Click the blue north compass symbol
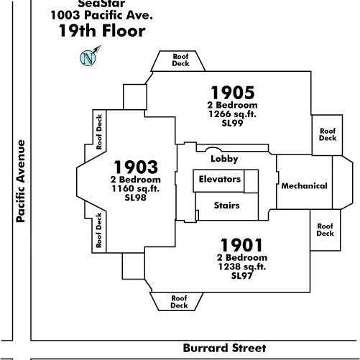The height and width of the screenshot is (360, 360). tap(88, 58)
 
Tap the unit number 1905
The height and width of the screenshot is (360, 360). tap(233, 93)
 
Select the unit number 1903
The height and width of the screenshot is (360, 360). tap(136, 167)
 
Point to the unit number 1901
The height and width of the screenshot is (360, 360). tap(241, 245)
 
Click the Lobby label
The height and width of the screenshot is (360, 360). tap(224, 159)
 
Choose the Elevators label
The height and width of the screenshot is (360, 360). tap(220, 179)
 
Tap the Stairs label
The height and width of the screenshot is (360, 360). tap(226, 206)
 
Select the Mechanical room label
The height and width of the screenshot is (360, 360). tap(304, 186)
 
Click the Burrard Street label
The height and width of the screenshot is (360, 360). tap(224, 348)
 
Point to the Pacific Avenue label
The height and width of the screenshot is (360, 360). tap(21, 181)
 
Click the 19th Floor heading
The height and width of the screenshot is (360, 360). tap(102, 31)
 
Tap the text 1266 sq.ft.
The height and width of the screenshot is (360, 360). tap(232, 114)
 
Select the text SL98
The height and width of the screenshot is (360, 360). tap(135, 198)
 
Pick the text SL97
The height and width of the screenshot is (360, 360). tap(241, 276)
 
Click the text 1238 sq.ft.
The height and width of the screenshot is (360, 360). tap(242, 267)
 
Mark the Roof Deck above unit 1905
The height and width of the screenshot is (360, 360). tap(180, 60)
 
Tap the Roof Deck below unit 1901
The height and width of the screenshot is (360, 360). tap(179, 302)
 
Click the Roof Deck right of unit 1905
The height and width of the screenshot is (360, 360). tap(328, 134)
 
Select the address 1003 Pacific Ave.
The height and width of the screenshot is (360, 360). tap(102, 15)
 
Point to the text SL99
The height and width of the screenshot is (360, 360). tap(232, 123)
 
